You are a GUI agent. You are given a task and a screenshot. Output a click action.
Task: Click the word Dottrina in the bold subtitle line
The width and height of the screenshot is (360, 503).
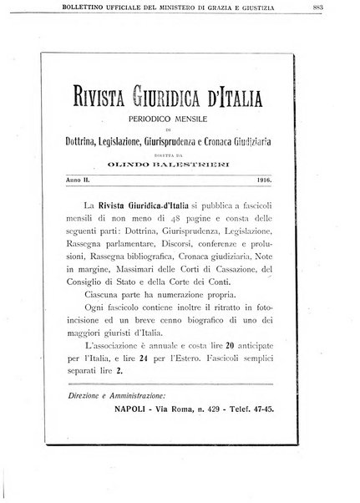click(88, 142)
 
